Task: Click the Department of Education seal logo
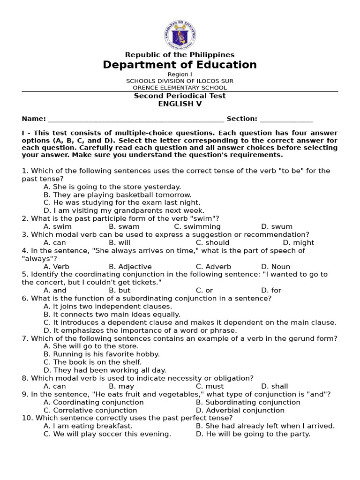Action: coord(180,34)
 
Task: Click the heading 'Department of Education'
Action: coord(180,65)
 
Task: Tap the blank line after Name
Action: coord(136,119)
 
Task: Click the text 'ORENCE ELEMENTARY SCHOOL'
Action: coord(180,88)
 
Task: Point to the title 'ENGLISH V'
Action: coord(180,104)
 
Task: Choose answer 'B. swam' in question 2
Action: coord(124,226)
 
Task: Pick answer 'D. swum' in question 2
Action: coord(277,226)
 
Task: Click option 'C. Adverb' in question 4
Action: coord(213,267)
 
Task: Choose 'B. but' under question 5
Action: coord(120,290)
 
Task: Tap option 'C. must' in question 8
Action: coord(210,386)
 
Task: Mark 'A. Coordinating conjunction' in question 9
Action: coord(94,402)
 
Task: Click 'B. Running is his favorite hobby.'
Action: coord(102,354)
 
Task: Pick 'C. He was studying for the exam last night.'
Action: coord(122,202)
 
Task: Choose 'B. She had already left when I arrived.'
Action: coord(265,426)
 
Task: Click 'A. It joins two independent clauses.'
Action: coord(101,306)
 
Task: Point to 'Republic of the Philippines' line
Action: coord(180,55)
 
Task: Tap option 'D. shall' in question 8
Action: coord(275,386)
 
